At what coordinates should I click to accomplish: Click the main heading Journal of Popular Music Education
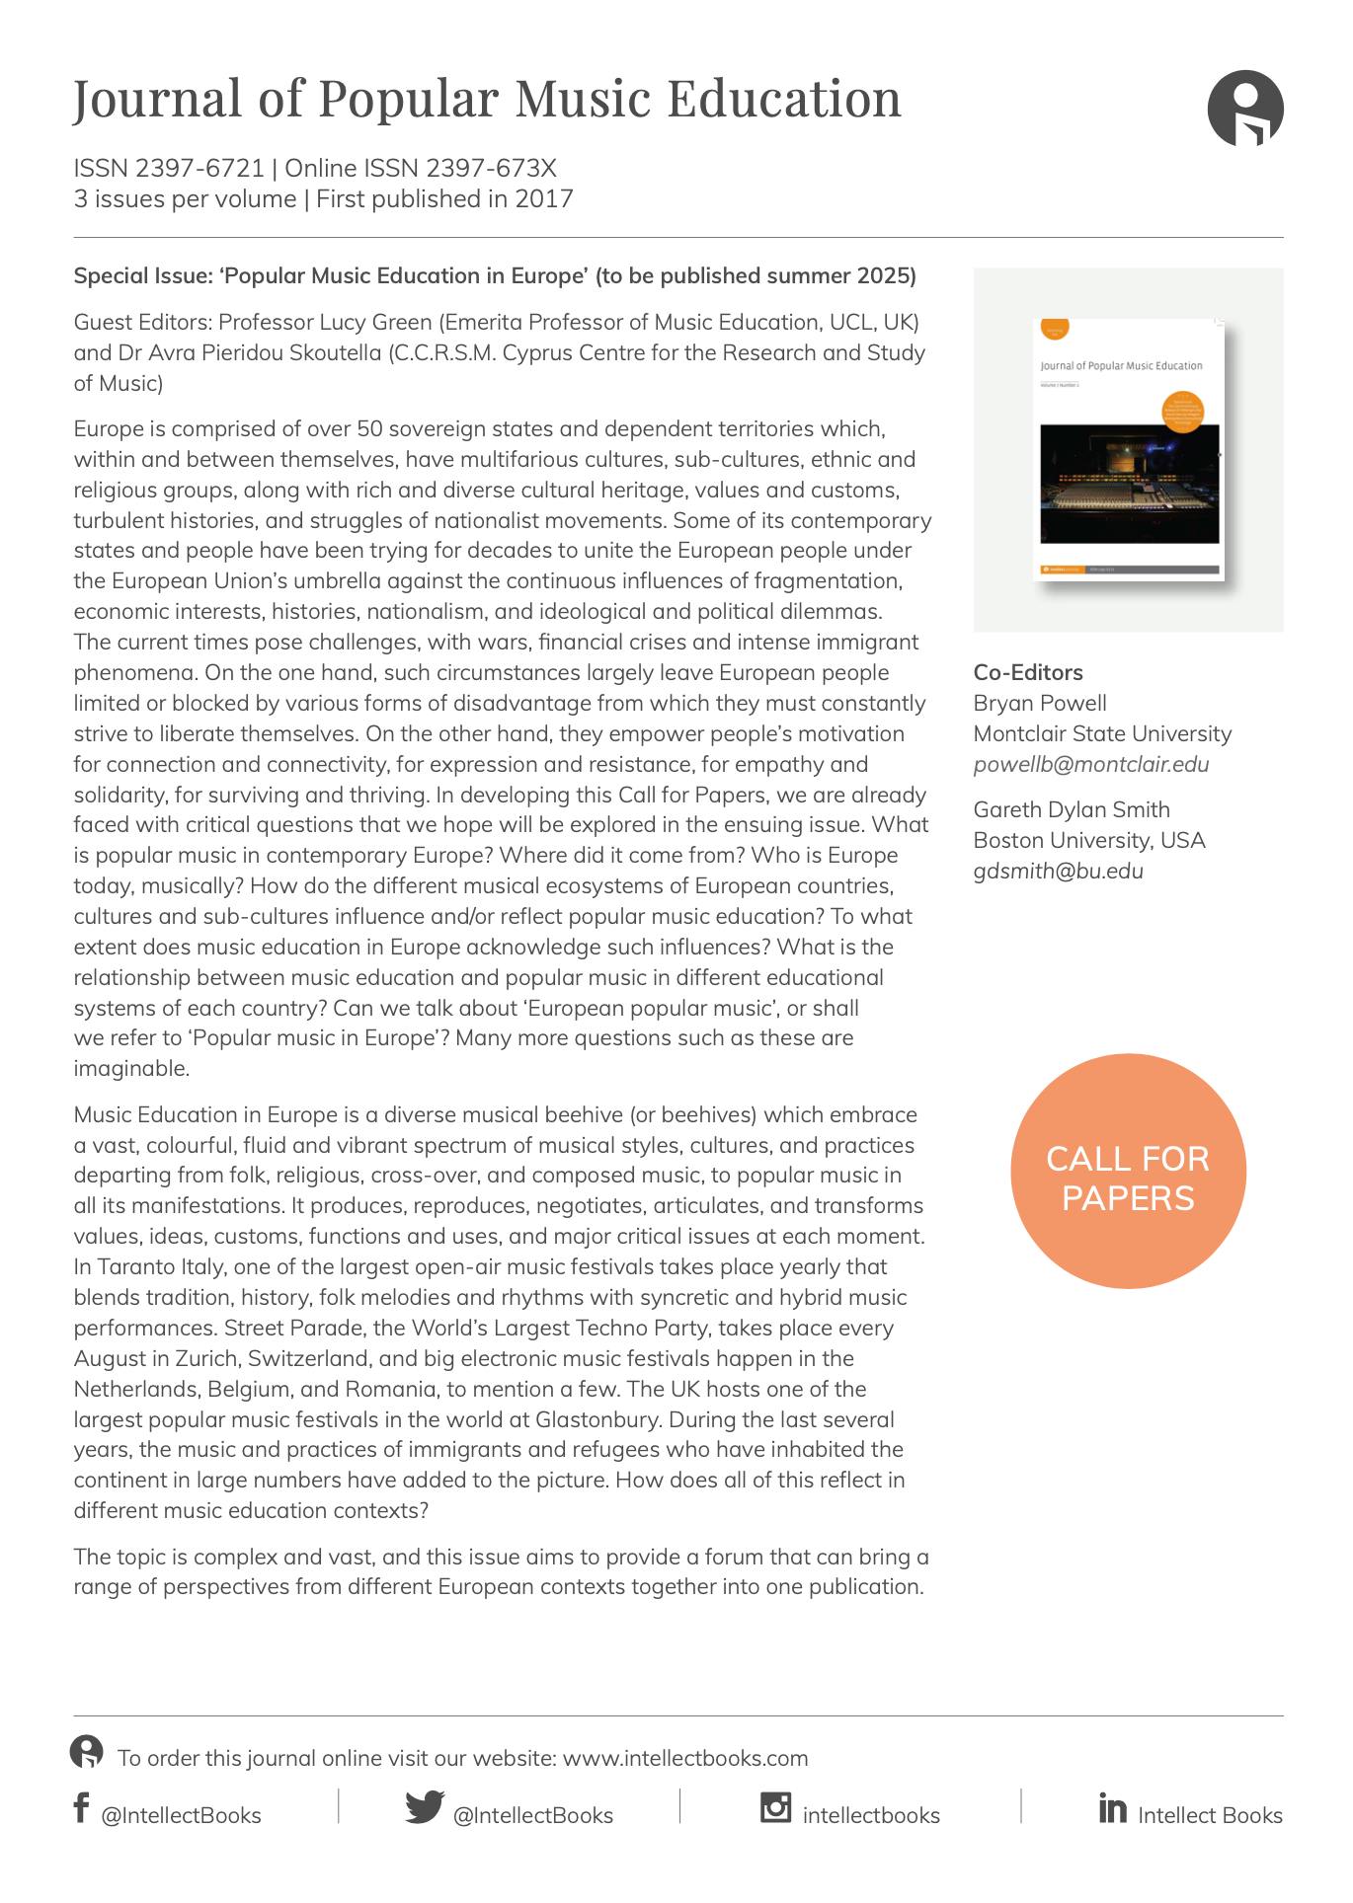(x=487, y=99)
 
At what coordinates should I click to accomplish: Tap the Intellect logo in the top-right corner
(x=1244, y=108)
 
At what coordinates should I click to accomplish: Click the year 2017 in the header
(x=543, y=199)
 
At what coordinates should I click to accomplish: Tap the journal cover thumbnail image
(x=1129, y=449)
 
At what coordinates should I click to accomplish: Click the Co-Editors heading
(x=1027, y=673)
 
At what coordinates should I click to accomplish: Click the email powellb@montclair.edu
(x=1090, y=765)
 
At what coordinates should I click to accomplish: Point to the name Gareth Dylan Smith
(x=1071, y=810)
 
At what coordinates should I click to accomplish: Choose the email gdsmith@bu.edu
(x=1058, y=872)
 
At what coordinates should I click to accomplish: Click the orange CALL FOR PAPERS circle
(x=1128, y=1172)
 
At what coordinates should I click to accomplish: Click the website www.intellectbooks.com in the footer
(x=684, y=1758)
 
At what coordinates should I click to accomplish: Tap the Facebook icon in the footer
(x=81, y=1807)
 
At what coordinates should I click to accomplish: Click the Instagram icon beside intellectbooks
(x=775, y=1806)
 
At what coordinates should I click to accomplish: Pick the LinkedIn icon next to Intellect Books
(x=1112, y=1808)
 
